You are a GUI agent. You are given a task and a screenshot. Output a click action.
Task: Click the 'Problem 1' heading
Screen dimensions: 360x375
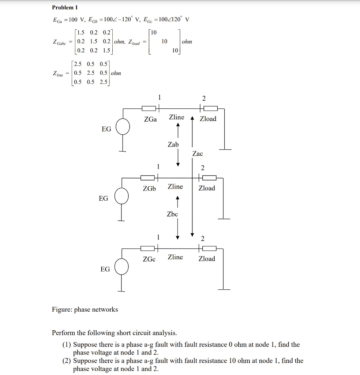pyautogui.click(x=65, y=7)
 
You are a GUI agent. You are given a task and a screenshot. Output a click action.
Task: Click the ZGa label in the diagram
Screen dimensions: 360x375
pyautogui.click(x=150, y=119)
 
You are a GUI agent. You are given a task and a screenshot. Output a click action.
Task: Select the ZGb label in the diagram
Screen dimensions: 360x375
pyautogui.click(x=149, y=189)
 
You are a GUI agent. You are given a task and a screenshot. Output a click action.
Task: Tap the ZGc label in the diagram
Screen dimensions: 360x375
pyautogui.click(x=149, y=259)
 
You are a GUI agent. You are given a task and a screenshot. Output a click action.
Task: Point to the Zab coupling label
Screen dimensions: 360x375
pyautogui.click(x=173, y=145)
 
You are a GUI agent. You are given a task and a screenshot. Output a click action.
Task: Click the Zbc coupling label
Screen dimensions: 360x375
pyautogui.click(x=172, y=214)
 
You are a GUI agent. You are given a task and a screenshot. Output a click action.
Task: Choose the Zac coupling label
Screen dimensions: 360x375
pyautogui.click(x=197, y=154)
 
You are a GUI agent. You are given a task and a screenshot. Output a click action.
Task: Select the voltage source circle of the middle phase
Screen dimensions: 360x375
pyautogui.click(x=121, y=196)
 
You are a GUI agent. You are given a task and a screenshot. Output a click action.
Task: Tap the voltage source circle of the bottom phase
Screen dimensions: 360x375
pyautogui.click(x=121, y=267)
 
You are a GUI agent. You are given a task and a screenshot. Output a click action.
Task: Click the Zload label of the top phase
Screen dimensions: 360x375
pyautogui.click(x=208, y=119)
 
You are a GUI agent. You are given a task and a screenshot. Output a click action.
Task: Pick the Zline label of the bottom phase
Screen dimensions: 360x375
pyautogui.click(x=175, y=257)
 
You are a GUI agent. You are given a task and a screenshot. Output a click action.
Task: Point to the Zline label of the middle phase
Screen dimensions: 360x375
pyautogui.click(x=175, y=187)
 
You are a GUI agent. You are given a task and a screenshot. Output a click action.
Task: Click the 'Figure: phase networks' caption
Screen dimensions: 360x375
pyautogui.click(x=85, y=309)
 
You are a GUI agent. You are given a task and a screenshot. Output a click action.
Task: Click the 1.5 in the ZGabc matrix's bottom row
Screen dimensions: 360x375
pyautogui.click(x=106, y=50)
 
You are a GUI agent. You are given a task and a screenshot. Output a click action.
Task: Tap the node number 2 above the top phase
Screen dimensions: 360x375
pyautogui.click(x=204, y=98)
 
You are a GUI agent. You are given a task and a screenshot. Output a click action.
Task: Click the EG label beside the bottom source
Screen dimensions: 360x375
pyautogui.click(x=105, y=269)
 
